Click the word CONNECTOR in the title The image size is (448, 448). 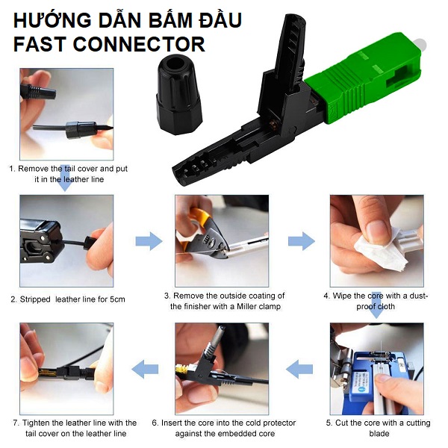coord(139,44)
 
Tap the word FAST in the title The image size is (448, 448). coord(40,44)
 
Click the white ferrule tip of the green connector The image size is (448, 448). coord(421,45)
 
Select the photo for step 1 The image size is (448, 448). coord(66,114)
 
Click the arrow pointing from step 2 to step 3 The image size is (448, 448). coord(149,241)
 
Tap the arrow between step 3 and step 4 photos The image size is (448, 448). coord(302,241)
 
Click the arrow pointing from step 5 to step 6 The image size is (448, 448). coord(299,369)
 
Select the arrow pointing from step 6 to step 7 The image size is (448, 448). coord(145,369)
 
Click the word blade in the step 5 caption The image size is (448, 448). coord(379,434)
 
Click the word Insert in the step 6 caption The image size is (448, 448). coord(172,423)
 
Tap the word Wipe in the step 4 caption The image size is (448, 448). coord(341,296)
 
